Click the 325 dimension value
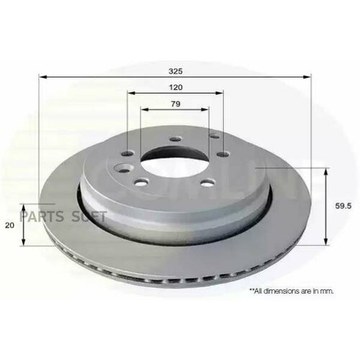click(175, 71)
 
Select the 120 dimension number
click(175, 87)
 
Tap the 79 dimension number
click(175, 104)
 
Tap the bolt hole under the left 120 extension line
click(127, 153)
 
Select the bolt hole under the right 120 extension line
click(222, 152)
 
